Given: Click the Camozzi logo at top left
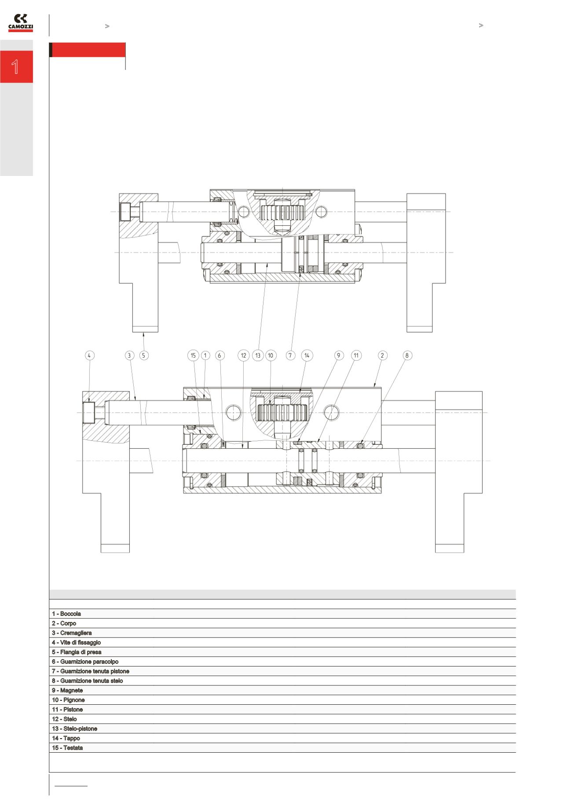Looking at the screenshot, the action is [21, 22].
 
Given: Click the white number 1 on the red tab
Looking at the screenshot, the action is [15, 67].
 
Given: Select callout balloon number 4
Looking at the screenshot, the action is [89, 355].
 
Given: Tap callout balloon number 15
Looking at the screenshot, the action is [193, 355].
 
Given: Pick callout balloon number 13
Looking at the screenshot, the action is [258, 355].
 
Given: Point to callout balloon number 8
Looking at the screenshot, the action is [407, 355].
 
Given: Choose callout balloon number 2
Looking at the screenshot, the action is [382, 355].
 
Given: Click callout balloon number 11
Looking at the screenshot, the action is [356, 355].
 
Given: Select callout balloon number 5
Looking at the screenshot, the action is [144, 355].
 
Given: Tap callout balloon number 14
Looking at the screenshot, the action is [307, 355].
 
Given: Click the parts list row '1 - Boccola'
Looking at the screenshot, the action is [66, 614].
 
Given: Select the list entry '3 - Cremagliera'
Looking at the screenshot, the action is [72, 633].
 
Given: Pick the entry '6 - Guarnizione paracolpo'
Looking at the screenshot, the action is [85, 662].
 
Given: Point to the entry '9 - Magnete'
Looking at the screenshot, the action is [67, 690].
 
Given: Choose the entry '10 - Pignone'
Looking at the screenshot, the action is [68, 700].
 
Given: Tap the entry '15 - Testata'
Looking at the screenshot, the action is [67, 748].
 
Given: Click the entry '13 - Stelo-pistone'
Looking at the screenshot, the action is [74, 728].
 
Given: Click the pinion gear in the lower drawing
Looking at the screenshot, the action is [282, 413].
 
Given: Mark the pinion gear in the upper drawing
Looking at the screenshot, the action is [282, 213].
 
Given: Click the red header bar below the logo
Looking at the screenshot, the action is [88, 50].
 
